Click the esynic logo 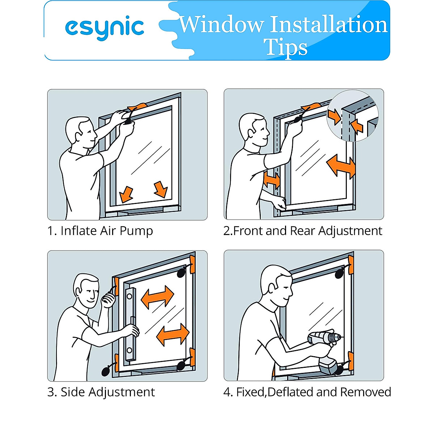coord(105,28)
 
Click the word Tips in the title coord(285,47)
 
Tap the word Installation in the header coord(329,25)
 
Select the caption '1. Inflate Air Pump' coord(100,231)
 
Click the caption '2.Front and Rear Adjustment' coord(303,231)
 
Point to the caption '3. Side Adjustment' coord(101,392)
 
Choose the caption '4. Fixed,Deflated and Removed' coord(307,392)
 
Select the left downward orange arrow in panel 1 coord(126,194)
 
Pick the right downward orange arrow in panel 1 coord(161,189)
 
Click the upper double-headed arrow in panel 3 coord(157,297)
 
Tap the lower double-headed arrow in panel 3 coord(173,335)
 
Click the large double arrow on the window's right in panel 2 coord(341,166)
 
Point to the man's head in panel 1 coord(80,132)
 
